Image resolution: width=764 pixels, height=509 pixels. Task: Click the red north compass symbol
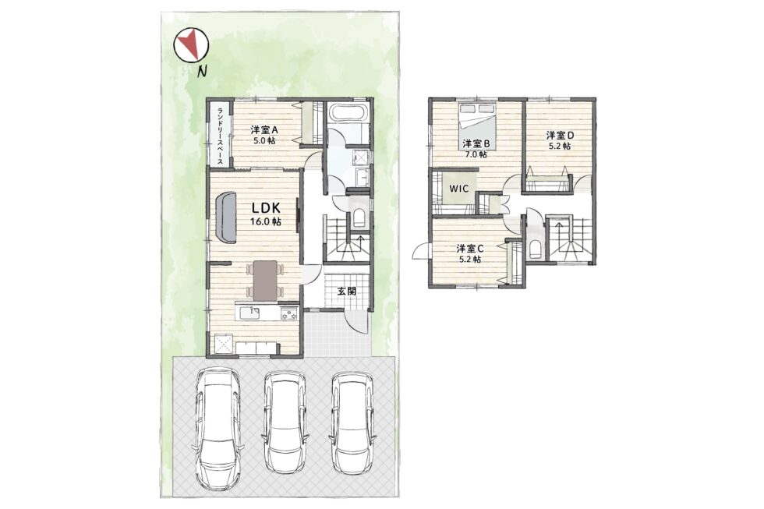191,45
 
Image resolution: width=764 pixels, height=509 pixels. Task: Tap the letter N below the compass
201,72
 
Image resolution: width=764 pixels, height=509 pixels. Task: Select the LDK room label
266,208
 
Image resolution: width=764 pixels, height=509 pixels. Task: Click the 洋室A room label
264,130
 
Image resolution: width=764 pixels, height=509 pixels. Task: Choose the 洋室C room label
469,248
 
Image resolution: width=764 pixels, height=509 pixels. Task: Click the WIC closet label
459,189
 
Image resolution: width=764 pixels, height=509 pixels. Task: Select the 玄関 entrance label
347,292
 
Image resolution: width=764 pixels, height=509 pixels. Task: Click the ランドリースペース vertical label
220,136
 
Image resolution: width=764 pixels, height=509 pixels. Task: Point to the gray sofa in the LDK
225,217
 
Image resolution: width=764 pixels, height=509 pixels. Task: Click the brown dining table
264,280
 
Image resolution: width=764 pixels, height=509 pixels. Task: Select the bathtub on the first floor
347,112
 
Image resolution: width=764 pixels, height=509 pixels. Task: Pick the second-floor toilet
535,249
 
